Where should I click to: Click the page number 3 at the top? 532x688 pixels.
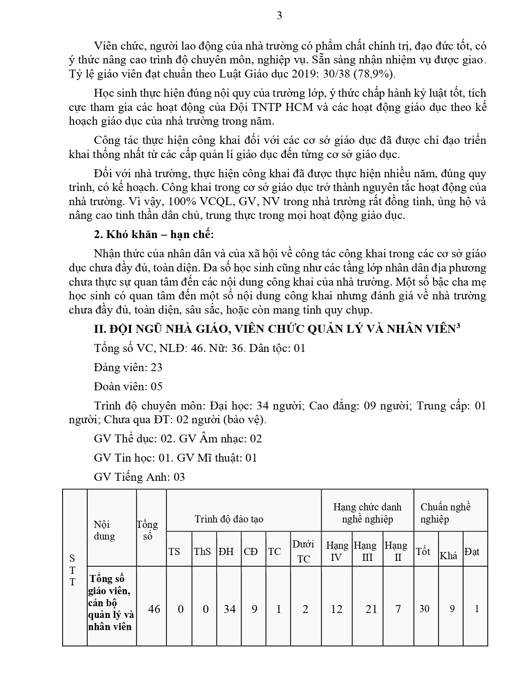(279, 16)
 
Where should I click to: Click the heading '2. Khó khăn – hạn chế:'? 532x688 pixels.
(154, 235)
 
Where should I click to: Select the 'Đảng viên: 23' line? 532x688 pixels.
(128, 367)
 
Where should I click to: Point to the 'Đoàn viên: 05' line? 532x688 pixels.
(128, 387)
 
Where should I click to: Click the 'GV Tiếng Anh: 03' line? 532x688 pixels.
(139, 477)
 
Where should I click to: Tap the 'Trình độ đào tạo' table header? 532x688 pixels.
(229, 519)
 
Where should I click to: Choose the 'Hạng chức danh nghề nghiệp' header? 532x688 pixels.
(367, 513)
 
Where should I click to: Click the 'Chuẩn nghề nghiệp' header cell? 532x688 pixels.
(445, 513)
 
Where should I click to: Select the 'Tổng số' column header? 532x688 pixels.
(147, 530)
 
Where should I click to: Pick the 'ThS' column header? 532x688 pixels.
(202, 552)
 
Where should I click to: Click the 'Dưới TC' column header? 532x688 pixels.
(303, 551)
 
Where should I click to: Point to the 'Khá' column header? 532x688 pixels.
(449, 555)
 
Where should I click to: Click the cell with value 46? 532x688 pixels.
(154, 609)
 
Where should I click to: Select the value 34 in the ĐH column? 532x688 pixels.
(229, 609)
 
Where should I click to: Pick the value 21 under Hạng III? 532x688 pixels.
(371, 609)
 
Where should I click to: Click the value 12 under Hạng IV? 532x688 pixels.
(336, 609)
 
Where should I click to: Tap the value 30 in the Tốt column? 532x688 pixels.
(424, 609)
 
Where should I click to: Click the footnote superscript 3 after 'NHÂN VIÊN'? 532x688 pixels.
(458, 326)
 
